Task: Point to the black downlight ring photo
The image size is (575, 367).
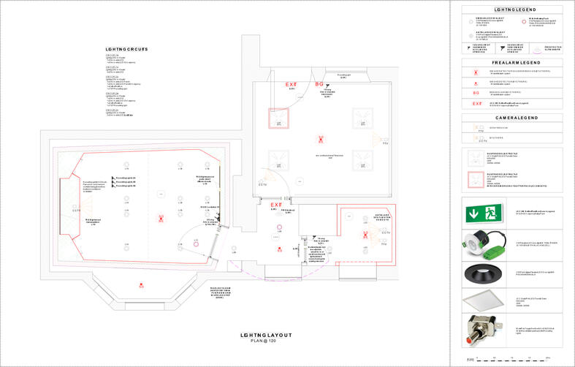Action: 481,271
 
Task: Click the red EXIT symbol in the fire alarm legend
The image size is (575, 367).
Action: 477,104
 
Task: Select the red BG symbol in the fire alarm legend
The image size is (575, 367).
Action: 477,93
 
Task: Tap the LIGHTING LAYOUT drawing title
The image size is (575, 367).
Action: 266,336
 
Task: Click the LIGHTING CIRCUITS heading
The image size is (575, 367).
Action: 126,49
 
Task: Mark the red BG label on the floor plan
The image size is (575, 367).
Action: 319,85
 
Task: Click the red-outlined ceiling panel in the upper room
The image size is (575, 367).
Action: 279,118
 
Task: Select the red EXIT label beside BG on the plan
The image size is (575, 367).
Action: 291,85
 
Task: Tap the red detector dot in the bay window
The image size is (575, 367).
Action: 141,284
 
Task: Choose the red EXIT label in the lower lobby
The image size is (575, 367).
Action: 277,205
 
